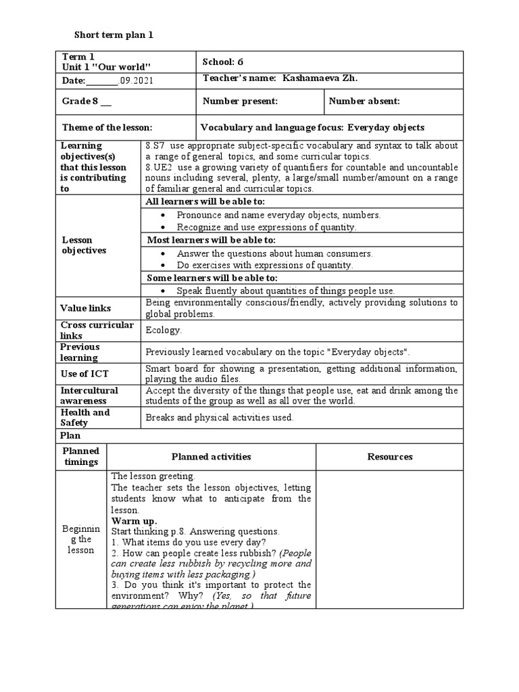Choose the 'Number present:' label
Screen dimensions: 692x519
(x=240, y=101)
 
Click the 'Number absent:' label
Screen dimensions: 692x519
(x=364, y=101)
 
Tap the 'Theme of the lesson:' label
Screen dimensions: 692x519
(x=107, y=127)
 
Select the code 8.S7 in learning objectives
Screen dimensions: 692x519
(x=156, y=145)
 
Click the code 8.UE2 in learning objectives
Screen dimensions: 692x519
(x=159, y=167)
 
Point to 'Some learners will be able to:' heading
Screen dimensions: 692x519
(x=212, y=278)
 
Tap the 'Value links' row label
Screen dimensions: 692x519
(x=86, y=308)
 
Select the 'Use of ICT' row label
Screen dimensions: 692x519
(x=84, y=374)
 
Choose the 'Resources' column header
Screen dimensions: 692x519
(x=390, y=457)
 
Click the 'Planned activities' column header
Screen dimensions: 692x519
(x=211, y=457)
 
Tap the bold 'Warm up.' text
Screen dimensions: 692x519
(x=134, y=521)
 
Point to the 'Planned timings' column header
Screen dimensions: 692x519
(x=81, y=457)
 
